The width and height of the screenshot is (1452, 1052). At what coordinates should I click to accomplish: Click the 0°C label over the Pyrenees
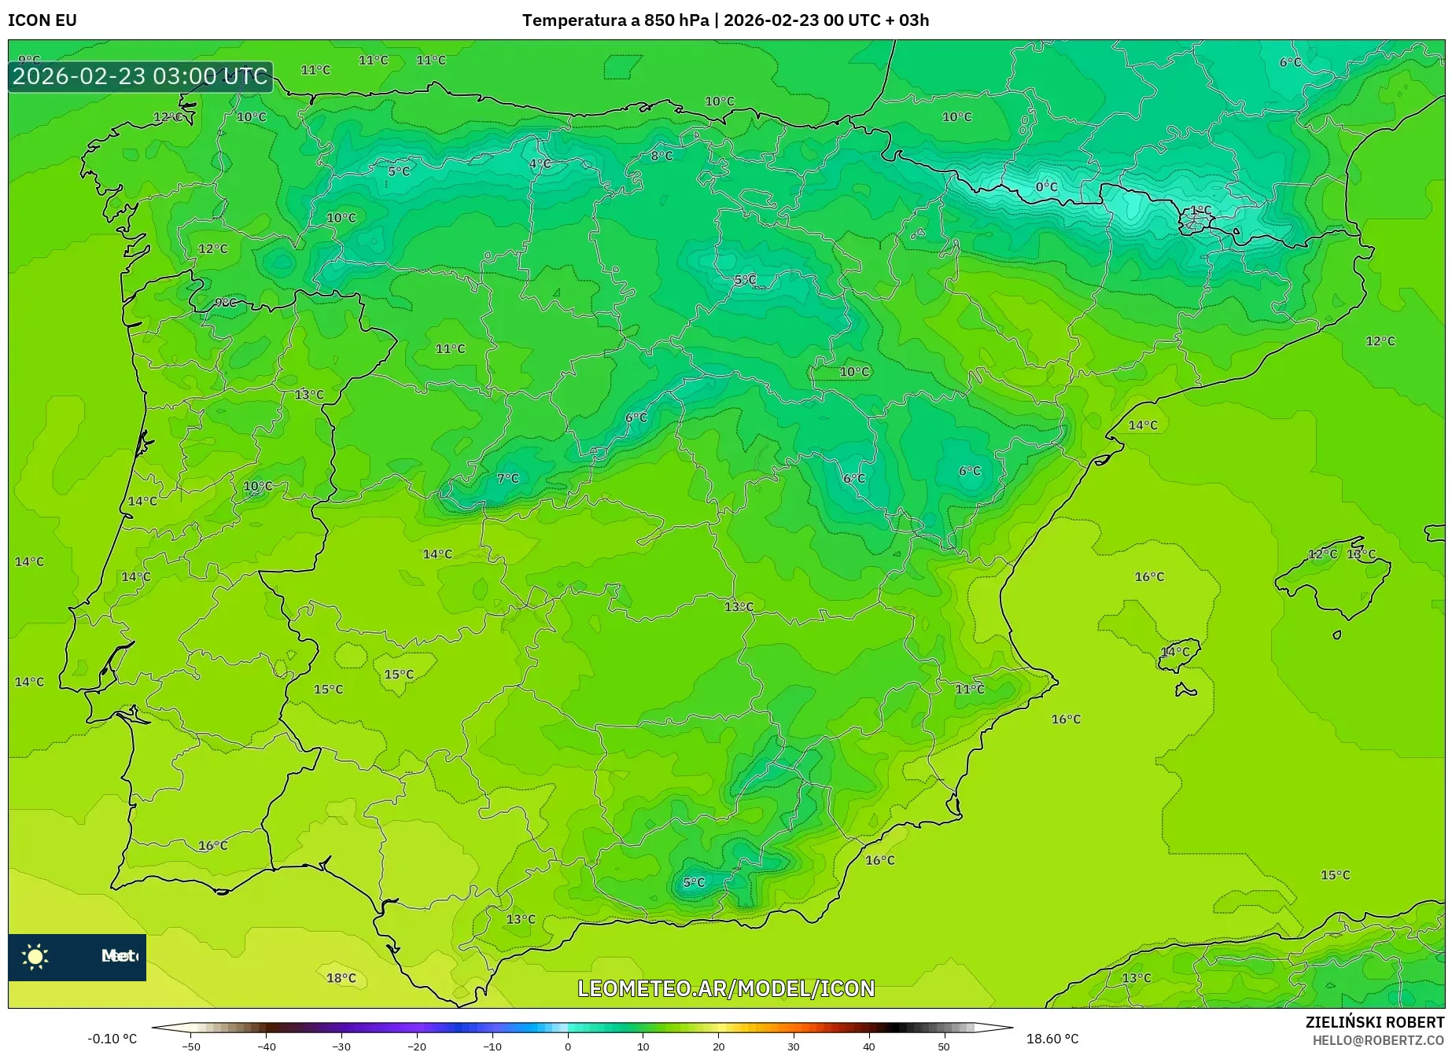(1046, 187)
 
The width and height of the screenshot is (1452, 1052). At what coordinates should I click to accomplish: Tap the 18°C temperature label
(341, 978)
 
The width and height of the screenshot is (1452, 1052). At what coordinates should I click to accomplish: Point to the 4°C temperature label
(540, 164)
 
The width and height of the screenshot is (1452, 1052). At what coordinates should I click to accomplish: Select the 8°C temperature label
(662, 156)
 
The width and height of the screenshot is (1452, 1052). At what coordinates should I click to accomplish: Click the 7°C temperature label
(508, 478)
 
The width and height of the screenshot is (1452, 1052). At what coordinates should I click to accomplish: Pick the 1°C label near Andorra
(1201, 210)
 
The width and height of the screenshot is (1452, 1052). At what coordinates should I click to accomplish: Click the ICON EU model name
(42, 20)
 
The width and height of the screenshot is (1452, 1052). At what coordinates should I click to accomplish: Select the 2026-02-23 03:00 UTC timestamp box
(140, 76)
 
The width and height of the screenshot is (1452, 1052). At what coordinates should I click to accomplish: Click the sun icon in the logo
(35, 956)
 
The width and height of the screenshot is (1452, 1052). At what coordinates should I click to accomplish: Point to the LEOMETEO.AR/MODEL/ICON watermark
(726, 988)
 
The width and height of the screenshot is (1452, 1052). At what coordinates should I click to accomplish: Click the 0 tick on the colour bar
(568, 1046)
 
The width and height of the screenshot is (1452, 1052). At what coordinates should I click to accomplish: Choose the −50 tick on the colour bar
(191, 1046)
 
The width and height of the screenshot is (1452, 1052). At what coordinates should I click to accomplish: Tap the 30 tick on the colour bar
(794, 1046)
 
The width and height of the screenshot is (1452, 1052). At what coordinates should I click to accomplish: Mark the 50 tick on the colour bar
(944, 1046)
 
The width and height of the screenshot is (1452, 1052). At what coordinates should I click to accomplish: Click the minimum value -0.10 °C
(112, 1039)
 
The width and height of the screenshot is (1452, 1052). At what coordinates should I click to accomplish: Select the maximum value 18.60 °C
(1052, 1039)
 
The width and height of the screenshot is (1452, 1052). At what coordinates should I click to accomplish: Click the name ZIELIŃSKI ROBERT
(1375, 1022)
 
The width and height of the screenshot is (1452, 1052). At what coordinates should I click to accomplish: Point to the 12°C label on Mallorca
(1322, 554)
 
